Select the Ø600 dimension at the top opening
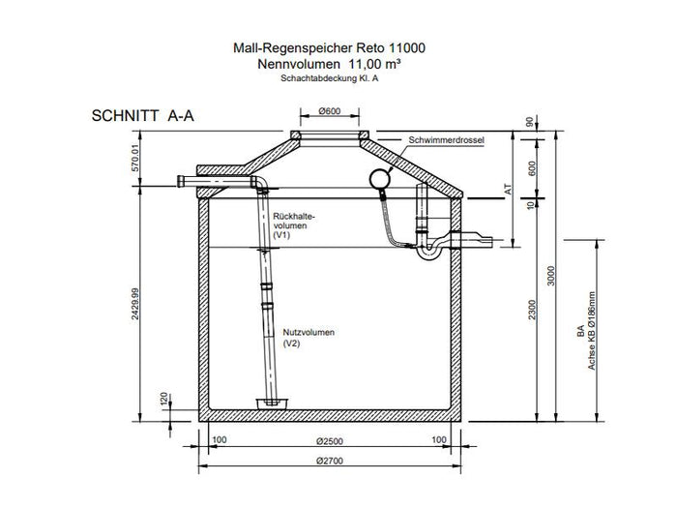coord(329,113)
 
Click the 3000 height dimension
coord(552,275)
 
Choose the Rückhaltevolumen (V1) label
coord(295,224)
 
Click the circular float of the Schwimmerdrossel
coord(379,177)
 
